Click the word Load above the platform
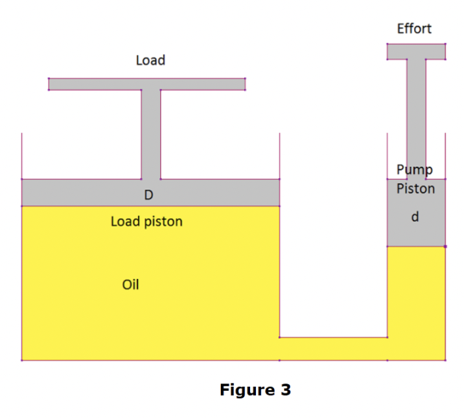[150, 60]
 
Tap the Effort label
[414, 29]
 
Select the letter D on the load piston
[148, 195]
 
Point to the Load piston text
[146, 221]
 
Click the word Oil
[131, 284]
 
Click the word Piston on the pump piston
[415, 188]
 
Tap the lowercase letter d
[415, 216]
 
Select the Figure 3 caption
[255, 390]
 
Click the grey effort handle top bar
[416, 51]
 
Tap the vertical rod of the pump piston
[416, 110]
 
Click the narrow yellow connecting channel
[333, 349]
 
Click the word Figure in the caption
[247, 390]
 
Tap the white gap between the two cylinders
[333, 260]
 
